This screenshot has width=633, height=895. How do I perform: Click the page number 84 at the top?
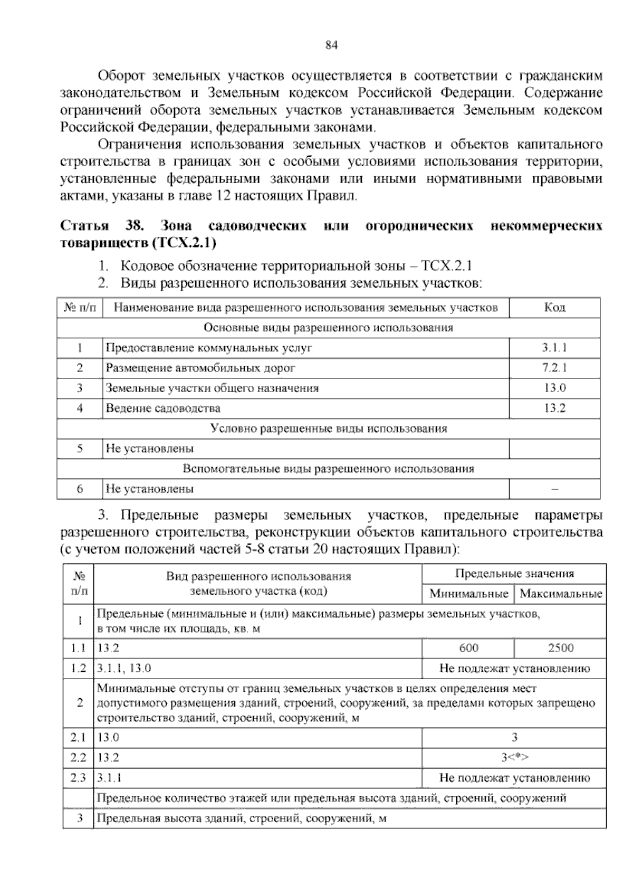[331, 45]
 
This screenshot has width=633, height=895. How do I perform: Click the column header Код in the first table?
[554, 308]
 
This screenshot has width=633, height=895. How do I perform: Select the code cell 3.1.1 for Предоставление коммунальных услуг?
[554, 348]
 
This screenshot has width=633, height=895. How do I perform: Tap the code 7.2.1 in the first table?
[554, 368]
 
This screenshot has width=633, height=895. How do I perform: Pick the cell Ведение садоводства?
[163, 408]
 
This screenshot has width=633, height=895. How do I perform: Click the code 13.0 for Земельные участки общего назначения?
[554, 388]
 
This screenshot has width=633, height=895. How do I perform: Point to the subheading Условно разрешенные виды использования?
[328, 428]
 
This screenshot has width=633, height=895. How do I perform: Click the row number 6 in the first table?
[80, 489]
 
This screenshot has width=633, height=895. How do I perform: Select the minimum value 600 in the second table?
[468, 648]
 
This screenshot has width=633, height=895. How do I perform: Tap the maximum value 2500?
[560, 648]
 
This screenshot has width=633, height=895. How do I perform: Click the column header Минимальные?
[468, 594]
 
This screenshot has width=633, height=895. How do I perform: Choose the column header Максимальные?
[560, 594]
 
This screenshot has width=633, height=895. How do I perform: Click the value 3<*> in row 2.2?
[514, 757]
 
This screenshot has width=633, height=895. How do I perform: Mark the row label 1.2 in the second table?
[78, 668]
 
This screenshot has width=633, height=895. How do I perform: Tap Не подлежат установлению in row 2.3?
[514, 777]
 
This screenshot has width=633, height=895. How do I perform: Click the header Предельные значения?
[514, 574]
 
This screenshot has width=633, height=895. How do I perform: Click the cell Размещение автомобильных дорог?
[200, 368]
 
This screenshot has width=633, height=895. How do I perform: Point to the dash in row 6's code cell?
[554, 489]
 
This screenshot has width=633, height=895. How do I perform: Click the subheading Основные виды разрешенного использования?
[328, 328]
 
